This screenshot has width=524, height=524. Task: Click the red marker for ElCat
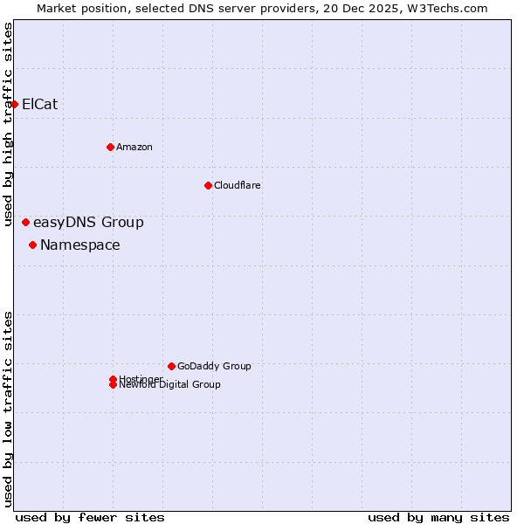click(14, 104)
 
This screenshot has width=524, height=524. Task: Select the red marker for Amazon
click(110, 147)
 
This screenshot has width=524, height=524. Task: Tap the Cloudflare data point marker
click(208, 185)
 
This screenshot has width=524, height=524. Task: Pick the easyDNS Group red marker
click(25, 223)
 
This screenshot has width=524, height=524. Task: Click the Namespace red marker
click(32, 245)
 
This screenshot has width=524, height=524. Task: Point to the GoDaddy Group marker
click(171, 366)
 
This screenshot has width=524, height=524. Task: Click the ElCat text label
click(39, 104)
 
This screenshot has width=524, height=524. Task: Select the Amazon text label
click(134, 147)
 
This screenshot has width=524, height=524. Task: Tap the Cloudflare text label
click(238, 185)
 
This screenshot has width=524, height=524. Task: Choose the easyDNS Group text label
click(88, 223)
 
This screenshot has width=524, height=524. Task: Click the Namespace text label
click(80, 245)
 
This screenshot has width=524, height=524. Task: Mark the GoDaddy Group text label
click(214, 366)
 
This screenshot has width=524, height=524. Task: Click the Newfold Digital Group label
click(170, 385)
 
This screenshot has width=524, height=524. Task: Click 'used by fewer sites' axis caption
click(90, 517)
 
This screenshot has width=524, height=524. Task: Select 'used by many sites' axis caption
click(438, 517)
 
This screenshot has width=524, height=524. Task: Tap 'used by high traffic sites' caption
click(8, 125)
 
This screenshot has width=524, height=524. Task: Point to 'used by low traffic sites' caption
click(8, 409)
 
